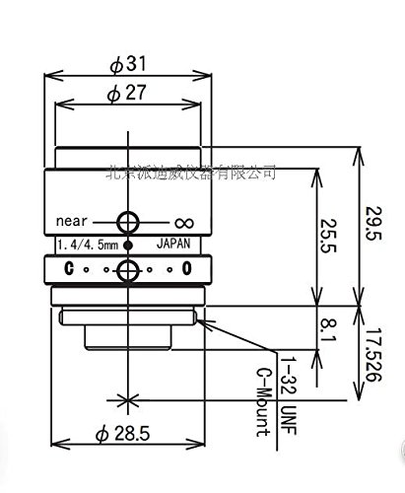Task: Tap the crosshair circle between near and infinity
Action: pyautogui.click(x=126, y=221)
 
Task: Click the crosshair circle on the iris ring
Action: pyautogui.click(x=126, y=270)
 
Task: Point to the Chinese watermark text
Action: pyautogui.click(x=191, y=173)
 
